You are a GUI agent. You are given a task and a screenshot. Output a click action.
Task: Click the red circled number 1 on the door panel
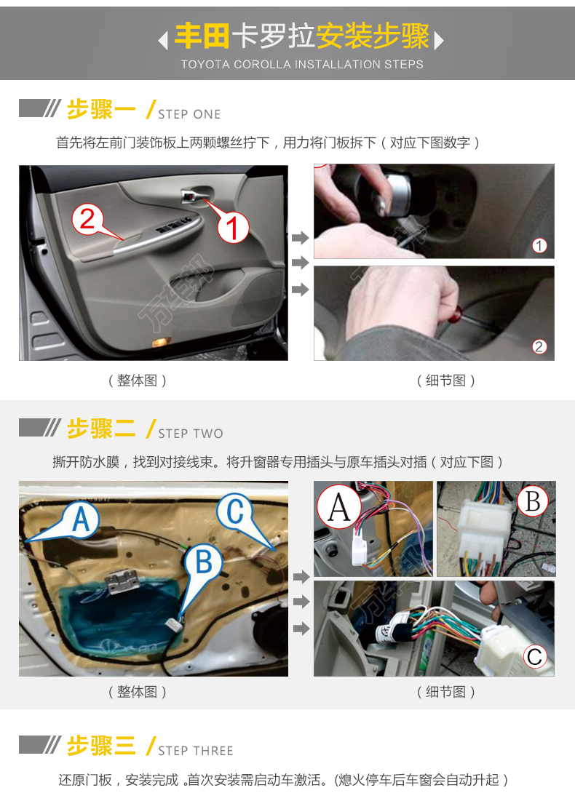coord(234,228)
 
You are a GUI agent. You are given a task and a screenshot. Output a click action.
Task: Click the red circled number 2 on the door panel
coord(88,219)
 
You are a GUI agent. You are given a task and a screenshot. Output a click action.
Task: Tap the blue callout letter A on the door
coord(82,519)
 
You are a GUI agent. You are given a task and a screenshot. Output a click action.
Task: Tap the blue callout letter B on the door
coord(204,561)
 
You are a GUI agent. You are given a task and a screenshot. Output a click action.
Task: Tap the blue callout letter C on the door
coord(235,511)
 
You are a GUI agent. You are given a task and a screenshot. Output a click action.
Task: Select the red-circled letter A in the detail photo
coord(339,506)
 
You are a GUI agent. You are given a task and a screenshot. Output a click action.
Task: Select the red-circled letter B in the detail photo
coord(532,501)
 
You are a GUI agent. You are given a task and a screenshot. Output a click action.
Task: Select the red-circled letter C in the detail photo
coord(535,657)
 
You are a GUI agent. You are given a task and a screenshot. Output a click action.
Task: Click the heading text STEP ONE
coord(189,114)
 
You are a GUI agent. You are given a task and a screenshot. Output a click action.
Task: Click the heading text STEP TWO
coord(191,434)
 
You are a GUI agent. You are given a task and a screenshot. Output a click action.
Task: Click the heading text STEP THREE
coord(196,752)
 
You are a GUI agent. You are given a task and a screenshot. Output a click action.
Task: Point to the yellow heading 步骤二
coord(101,429)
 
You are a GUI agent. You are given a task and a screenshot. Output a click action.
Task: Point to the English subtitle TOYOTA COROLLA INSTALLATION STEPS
coord(302,65)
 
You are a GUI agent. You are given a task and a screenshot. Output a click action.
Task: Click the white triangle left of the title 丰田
coord(163,40)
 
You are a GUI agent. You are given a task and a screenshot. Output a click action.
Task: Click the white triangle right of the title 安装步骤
coord(439,40)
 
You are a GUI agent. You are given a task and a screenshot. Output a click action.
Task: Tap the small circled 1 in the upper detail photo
coord(539,246)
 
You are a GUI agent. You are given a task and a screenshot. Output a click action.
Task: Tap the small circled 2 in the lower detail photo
coord(539,347)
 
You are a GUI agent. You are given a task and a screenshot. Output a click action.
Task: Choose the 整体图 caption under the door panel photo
coord(138,380)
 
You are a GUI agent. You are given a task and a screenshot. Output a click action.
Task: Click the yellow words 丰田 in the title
coord(202,36)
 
